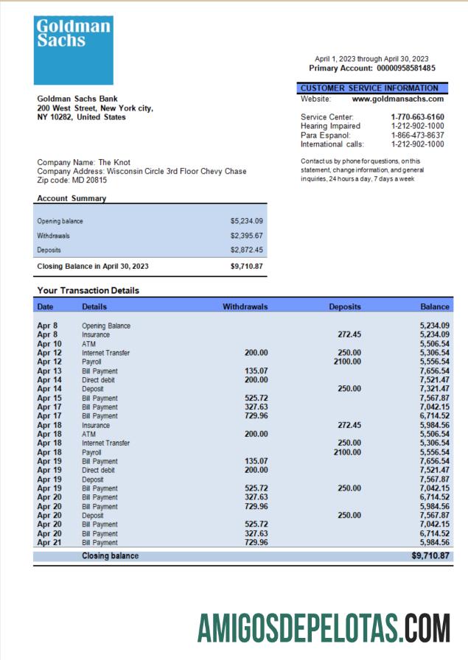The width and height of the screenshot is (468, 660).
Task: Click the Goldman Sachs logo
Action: [72, 50]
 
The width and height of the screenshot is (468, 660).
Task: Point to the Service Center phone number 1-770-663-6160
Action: [417, 117]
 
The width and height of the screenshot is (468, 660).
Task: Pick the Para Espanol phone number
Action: [417, 136]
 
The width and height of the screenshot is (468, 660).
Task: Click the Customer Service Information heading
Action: [369, 88]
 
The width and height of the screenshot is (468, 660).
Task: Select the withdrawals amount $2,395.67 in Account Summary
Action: [246, 236]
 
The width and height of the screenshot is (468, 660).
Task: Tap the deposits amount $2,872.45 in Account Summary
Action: [246, 250]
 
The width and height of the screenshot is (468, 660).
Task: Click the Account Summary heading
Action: [71, 198]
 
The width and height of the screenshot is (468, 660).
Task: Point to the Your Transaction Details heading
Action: [88, 291]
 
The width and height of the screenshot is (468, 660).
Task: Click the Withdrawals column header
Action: [245, 306]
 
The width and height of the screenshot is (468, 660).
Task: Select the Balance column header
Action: [435, 306]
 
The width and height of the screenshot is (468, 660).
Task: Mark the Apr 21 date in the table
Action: [49, 543]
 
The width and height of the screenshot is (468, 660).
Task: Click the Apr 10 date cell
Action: [49, 344]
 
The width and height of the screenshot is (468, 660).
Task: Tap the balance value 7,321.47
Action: [435, 389]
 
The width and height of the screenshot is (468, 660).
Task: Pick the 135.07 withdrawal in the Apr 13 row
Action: [256, 371]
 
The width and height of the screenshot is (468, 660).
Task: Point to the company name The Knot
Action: [114, 162]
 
